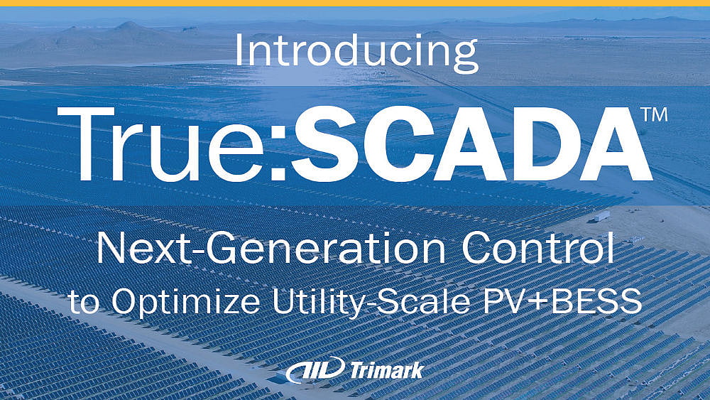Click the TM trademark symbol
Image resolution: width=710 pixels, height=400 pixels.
pyautogui.click(x=654, y=115)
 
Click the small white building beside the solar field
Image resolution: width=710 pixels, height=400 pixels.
pyautogui.click(x=601, y=215)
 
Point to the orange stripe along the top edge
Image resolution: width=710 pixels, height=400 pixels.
pyautogui.click(x=355, y=3)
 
